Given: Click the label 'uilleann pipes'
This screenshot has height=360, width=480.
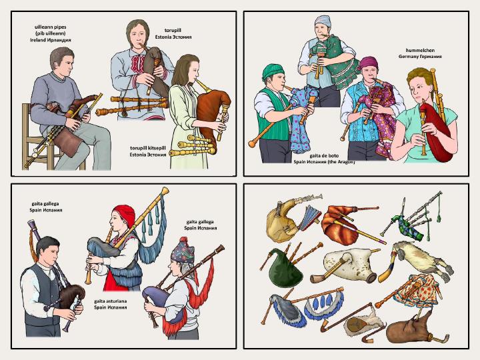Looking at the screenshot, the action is tap(51, 27).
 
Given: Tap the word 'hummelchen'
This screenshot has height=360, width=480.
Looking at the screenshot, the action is tap(420, 50).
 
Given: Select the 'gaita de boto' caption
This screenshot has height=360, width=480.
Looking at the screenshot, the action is tap(324, 155).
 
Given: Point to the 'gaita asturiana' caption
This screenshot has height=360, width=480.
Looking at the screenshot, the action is tap(111, 301).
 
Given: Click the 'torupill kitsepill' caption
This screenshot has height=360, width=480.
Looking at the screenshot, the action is tap(148, 148).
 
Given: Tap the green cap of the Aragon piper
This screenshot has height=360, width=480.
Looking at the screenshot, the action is tap(273, 71).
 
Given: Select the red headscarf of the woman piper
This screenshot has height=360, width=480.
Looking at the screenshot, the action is tap(125, 214).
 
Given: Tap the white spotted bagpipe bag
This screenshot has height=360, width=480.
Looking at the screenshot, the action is tap(349, 264).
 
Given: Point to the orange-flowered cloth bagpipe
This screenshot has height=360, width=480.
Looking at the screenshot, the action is tap(416, 291).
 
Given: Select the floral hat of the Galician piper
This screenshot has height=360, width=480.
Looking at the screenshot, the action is tap(183, 251).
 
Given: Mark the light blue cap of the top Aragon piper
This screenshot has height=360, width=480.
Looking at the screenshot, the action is tap(323, 21).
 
